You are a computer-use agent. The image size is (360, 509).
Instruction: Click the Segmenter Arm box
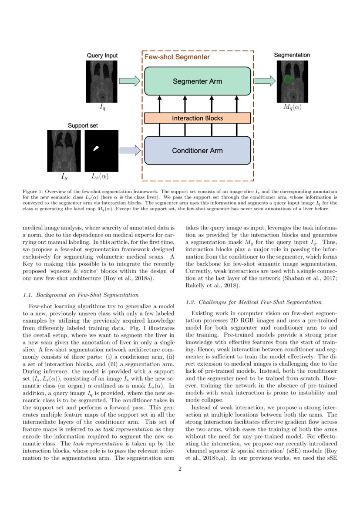pos(197,81)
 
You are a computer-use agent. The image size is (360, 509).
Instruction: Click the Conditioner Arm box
pos(197,151)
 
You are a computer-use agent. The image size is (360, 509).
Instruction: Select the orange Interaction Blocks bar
pos(197,118)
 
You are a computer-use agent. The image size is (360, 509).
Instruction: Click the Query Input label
pos(102,56)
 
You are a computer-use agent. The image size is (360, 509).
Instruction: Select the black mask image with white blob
pos(101,151)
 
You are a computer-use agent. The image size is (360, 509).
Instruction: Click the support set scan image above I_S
pos(62,151)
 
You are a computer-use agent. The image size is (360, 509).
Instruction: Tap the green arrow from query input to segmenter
pos(130,81)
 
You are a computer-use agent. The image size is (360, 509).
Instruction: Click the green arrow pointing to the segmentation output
pos(265,81)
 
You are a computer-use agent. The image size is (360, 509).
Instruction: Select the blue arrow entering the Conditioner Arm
pos(130,151)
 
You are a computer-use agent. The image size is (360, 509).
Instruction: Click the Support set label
pos(83,125)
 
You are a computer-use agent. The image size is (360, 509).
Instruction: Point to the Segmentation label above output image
pos(292,55)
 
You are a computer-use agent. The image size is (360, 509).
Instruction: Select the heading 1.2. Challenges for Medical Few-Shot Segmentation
pos(253,302)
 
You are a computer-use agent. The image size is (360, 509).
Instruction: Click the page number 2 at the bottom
pos(180,469)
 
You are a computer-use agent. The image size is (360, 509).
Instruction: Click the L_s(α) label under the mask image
pos(100,177)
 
